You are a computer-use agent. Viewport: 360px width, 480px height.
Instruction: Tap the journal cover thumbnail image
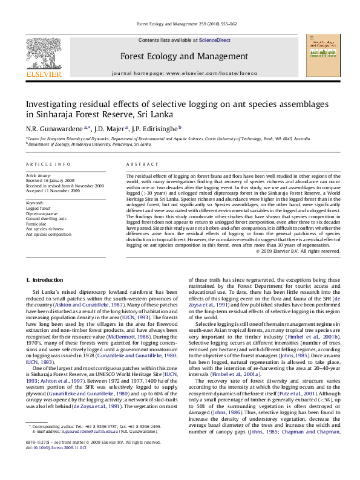(321, 56)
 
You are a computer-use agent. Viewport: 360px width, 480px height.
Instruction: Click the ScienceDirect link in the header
(215, 40)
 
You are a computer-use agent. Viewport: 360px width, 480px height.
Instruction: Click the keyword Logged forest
(38, 208)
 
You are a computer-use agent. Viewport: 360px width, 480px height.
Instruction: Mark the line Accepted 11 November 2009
(53, 190)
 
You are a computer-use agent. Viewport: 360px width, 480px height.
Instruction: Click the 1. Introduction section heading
(47, 280)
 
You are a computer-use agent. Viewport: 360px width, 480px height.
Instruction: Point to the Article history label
(39, 175)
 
